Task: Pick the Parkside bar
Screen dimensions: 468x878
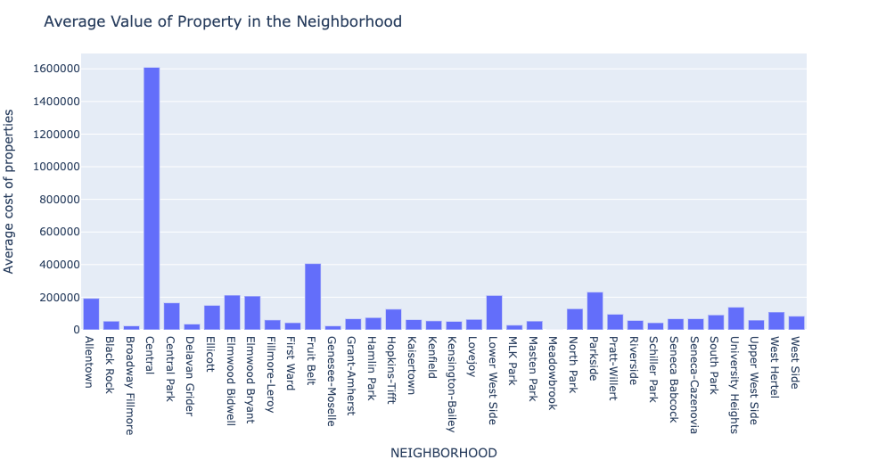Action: point(595,311)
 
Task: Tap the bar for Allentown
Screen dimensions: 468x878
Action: point(91,314)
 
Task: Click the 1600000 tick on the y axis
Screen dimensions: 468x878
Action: point(55,69)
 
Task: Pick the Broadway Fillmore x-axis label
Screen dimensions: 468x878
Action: point(131,385)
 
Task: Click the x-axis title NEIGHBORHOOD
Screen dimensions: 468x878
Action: point(443,453)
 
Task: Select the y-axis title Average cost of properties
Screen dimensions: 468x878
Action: point(10,192)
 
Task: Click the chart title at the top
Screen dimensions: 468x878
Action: point(223,21)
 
